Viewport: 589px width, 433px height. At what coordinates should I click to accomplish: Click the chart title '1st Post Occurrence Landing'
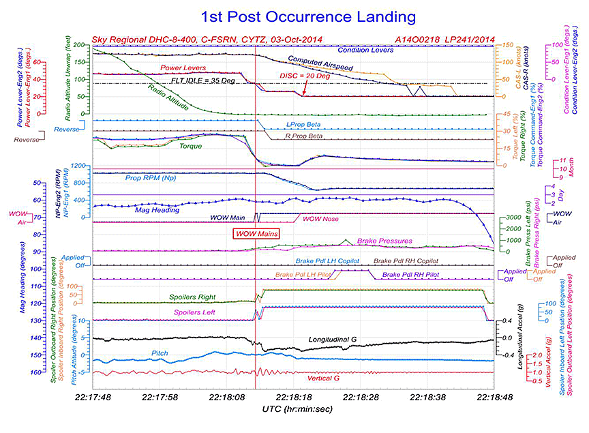[x=294, y=16]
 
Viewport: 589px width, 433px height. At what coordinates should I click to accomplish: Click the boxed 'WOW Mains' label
[x=256, y=233]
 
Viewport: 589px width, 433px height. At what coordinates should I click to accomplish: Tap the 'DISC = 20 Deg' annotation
[x=305, y=76]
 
